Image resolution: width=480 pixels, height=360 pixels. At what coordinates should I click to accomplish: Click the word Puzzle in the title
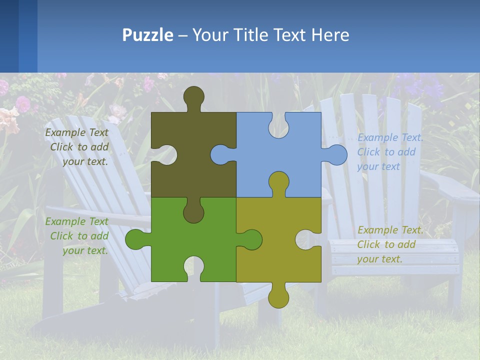coord(147,35)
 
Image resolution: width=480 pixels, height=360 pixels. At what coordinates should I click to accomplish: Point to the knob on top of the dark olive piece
coord(193,96)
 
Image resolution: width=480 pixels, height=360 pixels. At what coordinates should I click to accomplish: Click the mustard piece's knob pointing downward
coord(278,297)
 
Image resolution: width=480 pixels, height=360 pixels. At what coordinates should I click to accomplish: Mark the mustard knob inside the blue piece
coord(278,182)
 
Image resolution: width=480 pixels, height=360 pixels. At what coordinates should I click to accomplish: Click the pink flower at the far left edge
coord(8,120)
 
